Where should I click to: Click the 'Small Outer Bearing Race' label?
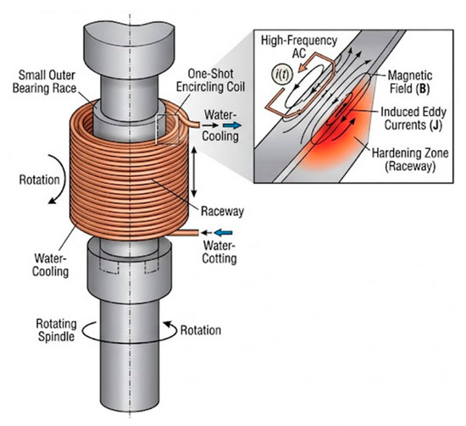pos(45,81)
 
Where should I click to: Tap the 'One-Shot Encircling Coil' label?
pos(210,80)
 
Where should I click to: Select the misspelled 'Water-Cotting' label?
pos(219,252)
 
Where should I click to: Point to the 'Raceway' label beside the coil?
pos(222,211)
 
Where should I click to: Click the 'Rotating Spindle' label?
pos(56,330)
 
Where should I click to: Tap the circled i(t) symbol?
pos(283,75)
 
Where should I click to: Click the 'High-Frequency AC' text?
pos(299,47)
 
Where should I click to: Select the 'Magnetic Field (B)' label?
pos(410,82)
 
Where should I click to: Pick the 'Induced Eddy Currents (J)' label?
pos(413,119)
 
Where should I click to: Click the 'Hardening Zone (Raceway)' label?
pos(410,159)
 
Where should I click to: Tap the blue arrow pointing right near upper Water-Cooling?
pos(232,125)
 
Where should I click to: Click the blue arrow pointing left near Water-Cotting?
pos(223,233)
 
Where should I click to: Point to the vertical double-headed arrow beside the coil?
pos(194,172)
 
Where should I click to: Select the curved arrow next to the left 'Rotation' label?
pos(64,178)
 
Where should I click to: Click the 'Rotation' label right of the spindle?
pos(201,330)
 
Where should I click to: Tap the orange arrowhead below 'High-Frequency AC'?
pos(304,67)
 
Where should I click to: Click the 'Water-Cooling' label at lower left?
pos(51,265)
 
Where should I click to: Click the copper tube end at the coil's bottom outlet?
pos(197,233)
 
